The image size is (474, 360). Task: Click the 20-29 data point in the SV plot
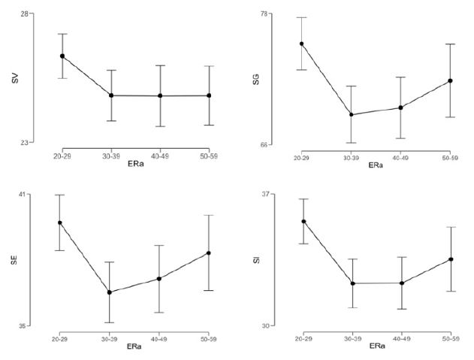click(x=62, y=56)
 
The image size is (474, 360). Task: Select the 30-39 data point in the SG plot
click(x=351, y=115)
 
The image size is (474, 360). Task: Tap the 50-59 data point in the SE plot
click(x=208, y=253)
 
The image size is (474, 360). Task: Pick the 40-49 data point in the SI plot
click(x=402, y=283)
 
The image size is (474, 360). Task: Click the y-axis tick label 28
click(x=25, y=14)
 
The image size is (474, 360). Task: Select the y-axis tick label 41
click(x=23, y=195)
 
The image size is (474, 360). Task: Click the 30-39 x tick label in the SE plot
click(x=110, y=337)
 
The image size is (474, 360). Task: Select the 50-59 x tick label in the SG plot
click(x=451, y=157)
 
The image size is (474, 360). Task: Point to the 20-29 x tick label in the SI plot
click(x=302, y=338)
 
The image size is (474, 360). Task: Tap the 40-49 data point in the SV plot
click(x=159, y=96)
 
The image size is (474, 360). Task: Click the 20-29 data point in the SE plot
click(x=60, y=222)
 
